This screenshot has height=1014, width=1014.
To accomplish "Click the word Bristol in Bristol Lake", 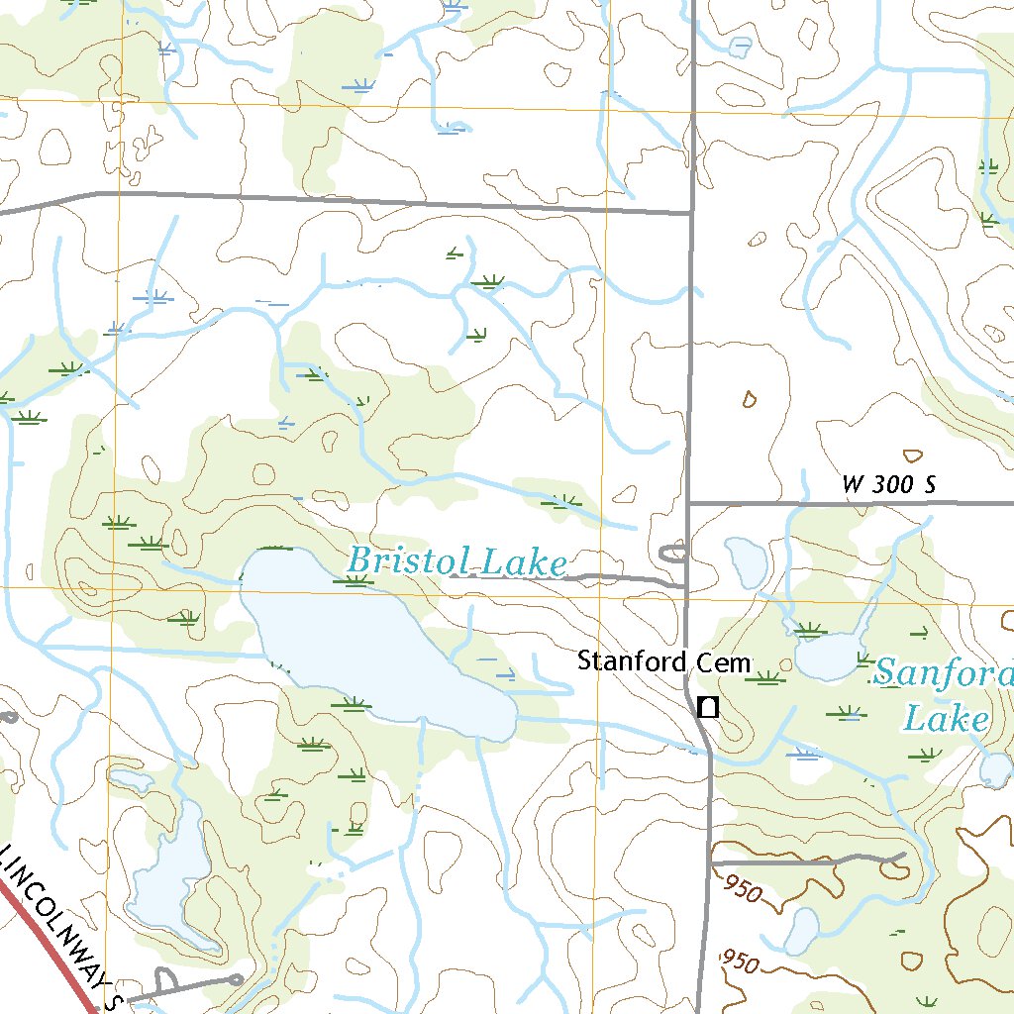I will pyautogui.click(x=401, y=560).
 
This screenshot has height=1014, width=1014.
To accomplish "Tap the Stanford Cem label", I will pyautogui.click(x=665, y=660).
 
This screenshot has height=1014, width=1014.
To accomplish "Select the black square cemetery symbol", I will pyautogui.click(x=708, y=707).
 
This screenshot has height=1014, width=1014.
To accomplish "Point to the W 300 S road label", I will pyautogui.click(x=888, y=485).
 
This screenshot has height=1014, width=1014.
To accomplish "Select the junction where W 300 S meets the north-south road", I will pyautogui.click(x=689, y=503).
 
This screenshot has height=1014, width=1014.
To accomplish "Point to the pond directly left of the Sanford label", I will pyautogui.click(x=830, y=658).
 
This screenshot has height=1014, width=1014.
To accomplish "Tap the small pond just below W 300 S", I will pyautogui.click(x=747, y=561).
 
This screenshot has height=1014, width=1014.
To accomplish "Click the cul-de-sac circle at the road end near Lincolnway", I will pyautogui.click(x=236, y=979).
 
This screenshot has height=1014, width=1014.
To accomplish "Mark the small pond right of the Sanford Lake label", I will pyautogui.click(x=995, y=768).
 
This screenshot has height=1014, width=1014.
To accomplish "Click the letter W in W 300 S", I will pyautogui.click(x=853, y=485).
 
